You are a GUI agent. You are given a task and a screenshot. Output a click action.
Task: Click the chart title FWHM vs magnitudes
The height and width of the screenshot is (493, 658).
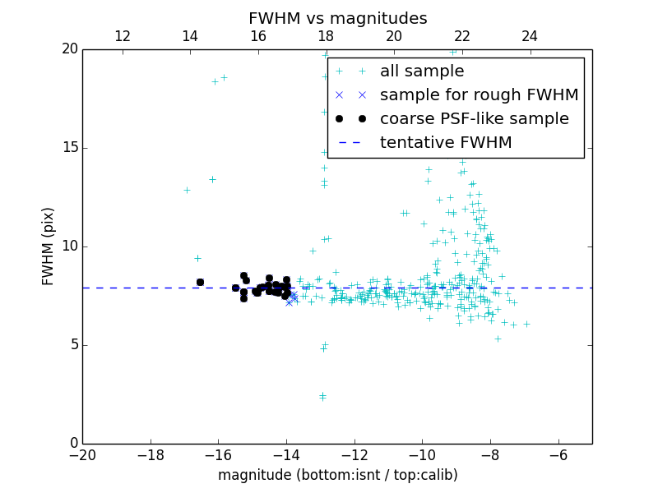click(x=337, y=18)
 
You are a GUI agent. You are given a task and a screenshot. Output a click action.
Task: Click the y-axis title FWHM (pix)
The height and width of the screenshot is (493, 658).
click(x=49, y=246)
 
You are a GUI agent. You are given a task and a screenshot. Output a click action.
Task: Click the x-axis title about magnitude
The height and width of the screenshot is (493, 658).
click(x=337, y=475)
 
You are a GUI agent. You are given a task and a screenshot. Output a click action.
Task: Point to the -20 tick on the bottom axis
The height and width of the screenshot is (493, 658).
click(x=82, y=455)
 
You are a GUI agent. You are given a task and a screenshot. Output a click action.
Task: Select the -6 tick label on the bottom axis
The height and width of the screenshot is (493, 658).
click(x=558, y=455)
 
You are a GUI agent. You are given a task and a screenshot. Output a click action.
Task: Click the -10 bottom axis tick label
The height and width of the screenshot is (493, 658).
click(x=422, y=455)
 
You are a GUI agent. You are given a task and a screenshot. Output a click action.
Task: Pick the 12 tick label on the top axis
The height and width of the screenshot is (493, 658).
click(x=123, y=36)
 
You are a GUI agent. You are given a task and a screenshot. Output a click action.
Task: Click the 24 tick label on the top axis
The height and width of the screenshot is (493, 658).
click(x=530, y=36)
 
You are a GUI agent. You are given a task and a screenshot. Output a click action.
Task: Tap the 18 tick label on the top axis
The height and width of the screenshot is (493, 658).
click(x=326, y=36)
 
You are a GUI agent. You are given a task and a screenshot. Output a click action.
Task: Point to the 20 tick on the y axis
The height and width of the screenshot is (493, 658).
click(x=69, y=49)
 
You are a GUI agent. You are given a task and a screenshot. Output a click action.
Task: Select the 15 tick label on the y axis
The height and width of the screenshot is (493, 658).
click(x=69, y=148)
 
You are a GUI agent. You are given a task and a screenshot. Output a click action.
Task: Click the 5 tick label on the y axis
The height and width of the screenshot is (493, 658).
click(x=73, y=345)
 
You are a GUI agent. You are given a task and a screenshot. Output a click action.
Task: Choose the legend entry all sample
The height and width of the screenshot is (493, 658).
click(x=422, y=71)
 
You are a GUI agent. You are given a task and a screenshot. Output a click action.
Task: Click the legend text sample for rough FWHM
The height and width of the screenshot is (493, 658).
click(x=479, y=95)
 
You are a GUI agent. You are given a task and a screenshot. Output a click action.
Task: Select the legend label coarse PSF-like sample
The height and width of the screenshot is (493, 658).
click(x=474, y=119)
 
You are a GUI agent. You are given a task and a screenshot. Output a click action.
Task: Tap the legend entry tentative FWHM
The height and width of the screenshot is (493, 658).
click(x=446, y=143)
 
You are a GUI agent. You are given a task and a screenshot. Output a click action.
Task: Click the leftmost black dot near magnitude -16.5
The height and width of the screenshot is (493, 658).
click(x=200, y=282)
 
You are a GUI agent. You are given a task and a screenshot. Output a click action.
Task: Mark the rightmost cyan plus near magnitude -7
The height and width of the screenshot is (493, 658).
click(x=526, y=324)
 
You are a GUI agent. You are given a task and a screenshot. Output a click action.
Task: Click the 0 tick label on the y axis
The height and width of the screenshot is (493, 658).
click(x=73, y=444)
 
